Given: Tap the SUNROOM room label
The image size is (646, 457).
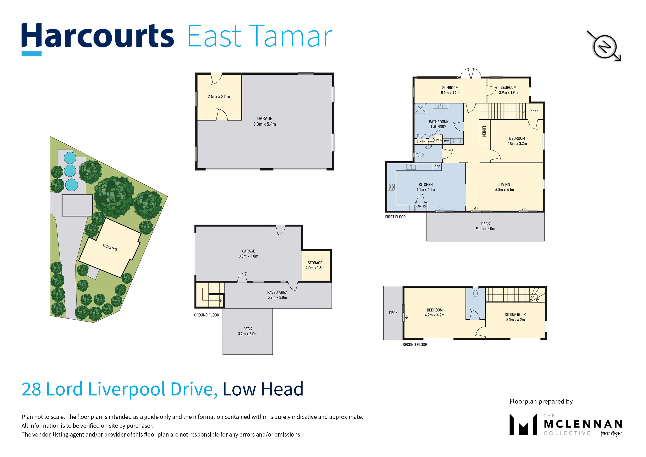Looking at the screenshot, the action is click(x=450, y=88).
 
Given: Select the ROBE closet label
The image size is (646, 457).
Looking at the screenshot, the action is click(x=534, y=112).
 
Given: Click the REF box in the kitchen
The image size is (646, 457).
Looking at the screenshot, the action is click(x=437, y=167).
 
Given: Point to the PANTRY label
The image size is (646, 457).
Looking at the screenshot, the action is click(x=421, y=206).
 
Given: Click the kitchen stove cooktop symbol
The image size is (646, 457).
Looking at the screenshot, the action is click(x=391, y=187).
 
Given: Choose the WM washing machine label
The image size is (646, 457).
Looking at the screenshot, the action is click(x=447, y=141).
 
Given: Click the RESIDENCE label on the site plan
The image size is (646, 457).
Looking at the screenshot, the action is click(x=110, y=247).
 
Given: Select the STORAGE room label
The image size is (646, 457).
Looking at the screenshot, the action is click(x=315, y=263).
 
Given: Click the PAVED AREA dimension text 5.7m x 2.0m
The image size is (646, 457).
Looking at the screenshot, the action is click(x=277, y=297).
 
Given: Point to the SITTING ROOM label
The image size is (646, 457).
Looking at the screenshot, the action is click(x=515, y=315).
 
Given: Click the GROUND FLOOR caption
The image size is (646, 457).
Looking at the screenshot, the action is click(x=206, y=315).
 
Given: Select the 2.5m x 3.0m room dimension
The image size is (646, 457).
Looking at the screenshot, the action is click(x=219, y=97).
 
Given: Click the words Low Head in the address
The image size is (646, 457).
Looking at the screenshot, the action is click(x=263, y=389).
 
